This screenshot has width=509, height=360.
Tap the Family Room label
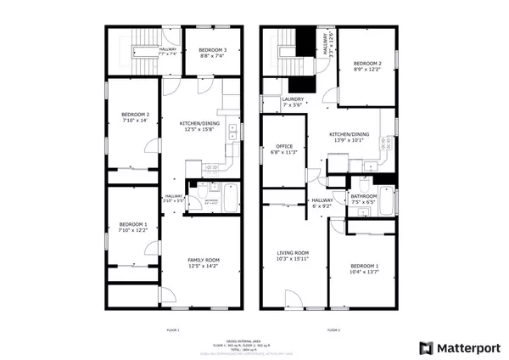(x=204, y=260)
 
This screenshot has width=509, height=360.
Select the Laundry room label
(x=293, y=99)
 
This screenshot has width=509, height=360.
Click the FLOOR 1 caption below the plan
(x=173, y=329)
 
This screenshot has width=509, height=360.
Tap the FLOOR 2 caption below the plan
(x=333, y=329)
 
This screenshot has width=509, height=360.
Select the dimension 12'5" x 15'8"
(x=197, y=130)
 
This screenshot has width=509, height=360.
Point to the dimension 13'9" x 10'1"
(x=349, y=140)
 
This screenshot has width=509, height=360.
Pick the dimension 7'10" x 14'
(x=135, y=121)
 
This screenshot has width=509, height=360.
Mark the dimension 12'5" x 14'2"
(x=204, y=267)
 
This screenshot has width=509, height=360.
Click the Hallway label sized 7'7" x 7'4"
(x=168, y=50)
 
